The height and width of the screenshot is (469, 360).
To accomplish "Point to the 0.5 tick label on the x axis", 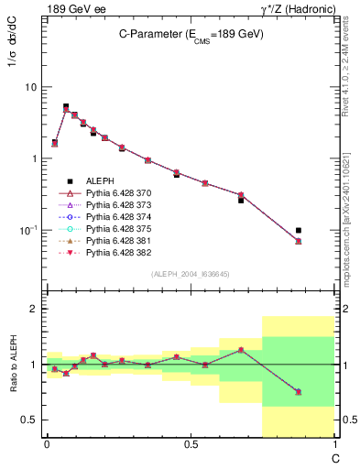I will (x=191, y=443).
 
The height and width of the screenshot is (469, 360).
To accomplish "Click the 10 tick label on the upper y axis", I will (x=30, y=87).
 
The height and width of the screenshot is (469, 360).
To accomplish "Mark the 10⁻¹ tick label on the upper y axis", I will (x=27, y=230).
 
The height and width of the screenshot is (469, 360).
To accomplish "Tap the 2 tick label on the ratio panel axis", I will (x=33, y=310).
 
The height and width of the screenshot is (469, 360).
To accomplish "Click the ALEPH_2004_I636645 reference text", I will (x=191, y=275).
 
